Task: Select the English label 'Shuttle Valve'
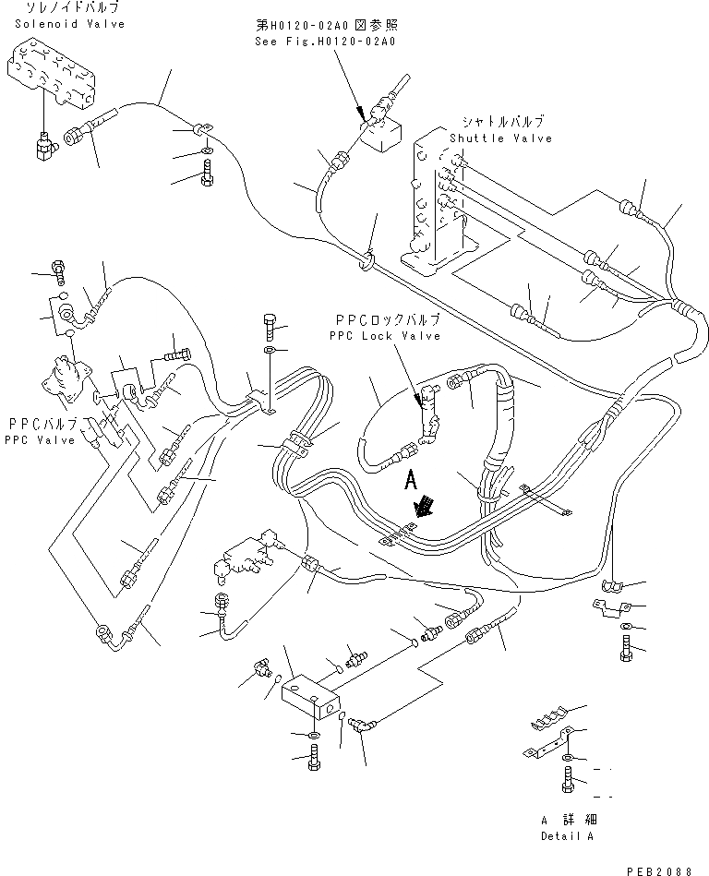click(500, 138)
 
